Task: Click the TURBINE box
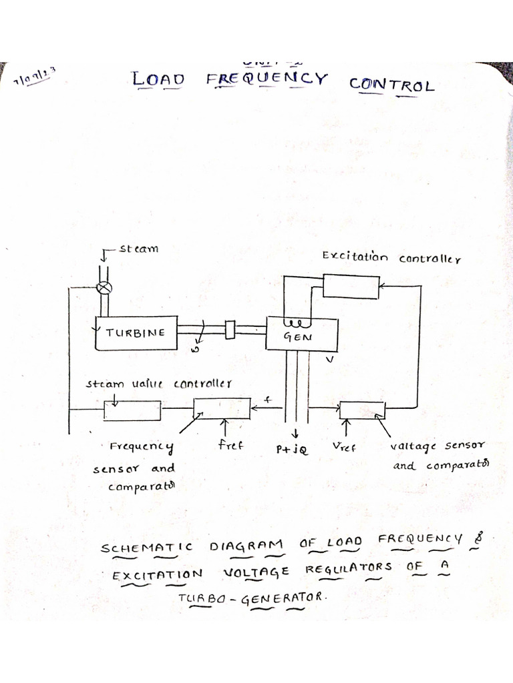[x=136, y=333]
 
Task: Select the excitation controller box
[x=351, y=286]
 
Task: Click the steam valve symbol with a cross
[x=104, y=288]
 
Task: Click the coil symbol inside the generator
[x=294, y=324]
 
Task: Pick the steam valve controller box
[x=132, y=410]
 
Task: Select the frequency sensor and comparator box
[x=222, y=408]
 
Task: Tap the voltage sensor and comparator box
[x=362, y=410]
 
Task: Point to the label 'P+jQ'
[x=292, y=450]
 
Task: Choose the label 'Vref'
[x=344, y=448]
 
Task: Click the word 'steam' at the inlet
[x=139, y=249]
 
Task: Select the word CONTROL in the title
[x=391, y=85]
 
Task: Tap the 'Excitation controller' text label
[x=391, y=257]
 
